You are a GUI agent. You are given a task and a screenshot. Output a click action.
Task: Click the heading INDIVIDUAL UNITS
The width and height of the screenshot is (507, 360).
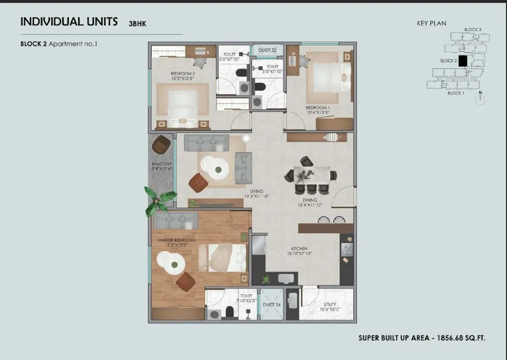pos(69,22)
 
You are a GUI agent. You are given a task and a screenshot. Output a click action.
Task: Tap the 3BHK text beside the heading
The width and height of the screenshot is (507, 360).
pos(137,23)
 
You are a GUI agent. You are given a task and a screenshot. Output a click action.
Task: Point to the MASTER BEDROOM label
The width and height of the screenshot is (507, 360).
pos(176,240)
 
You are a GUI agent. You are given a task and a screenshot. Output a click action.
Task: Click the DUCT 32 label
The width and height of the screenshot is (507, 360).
pos(267,50)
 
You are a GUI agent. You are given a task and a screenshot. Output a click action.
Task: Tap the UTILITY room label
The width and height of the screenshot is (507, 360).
pos(330,305)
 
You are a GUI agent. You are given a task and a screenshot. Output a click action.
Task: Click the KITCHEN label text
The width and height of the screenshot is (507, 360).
pos(299,249)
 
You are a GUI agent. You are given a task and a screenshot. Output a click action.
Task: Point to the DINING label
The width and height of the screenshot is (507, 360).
pos(310,200)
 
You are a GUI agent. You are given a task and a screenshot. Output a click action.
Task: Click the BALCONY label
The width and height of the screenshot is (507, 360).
pos(161,164)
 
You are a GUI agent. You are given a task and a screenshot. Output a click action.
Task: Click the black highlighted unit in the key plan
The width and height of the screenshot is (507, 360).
pos(463,61)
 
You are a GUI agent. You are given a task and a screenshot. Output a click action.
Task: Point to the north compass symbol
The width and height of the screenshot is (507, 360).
pos(480,100)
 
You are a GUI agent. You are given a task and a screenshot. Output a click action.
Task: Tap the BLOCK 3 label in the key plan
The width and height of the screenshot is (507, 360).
pos(472,30)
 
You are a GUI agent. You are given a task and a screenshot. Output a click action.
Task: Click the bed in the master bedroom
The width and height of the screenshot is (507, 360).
pos(223,258)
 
